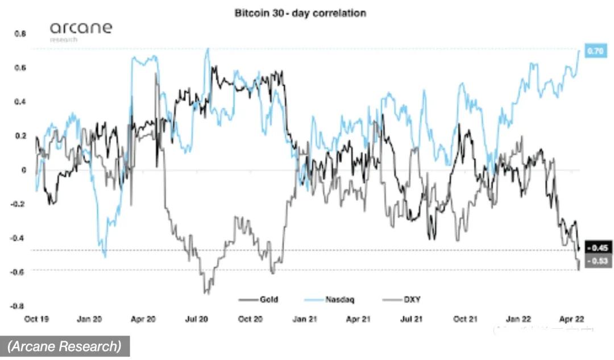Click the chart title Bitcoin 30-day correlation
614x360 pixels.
(301, 13)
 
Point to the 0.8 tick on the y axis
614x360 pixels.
(20, 34)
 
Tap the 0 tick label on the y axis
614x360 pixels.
(24, 170)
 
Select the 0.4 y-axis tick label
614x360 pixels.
(20, 102)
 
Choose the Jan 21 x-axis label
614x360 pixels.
(304, 320)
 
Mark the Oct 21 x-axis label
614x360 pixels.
(465, 320)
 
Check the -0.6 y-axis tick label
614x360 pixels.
(19, 272)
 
